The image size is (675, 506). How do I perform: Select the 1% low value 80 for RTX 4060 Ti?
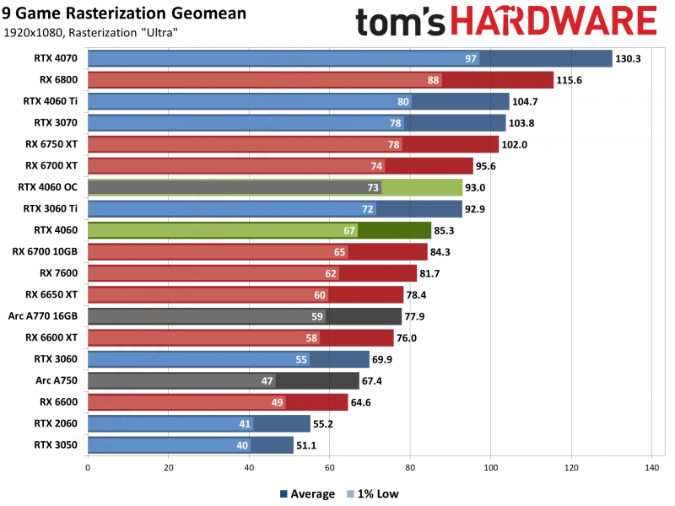point(402,101)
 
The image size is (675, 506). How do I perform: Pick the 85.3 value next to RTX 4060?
point(447,230)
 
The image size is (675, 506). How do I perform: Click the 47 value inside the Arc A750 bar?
point(267,381)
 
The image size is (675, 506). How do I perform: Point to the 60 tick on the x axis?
point(329,467)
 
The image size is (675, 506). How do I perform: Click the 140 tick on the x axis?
point(651,467)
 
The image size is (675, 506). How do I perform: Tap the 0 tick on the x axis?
point(88,467)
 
